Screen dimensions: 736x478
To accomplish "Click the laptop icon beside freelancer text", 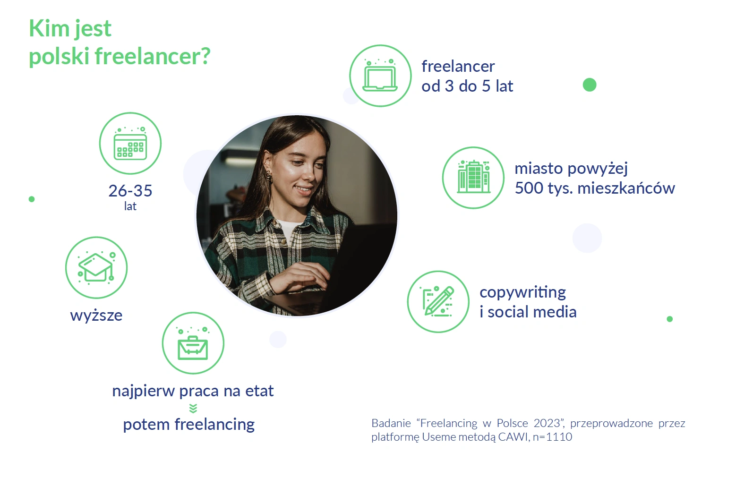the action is [x=380, y=76].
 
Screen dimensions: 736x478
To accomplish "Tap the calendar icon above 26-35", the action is [x=130, y=143].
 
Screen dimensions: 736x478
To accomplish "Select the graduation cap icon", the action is [x=96, y=267].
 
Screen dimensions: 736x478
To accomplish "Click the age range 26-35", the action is [x=130, y=190].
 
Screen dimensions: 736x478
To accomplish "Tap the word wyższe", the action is [x=96, y=316].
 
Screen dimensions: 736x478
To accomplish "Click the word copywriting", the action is [x=523, y=292].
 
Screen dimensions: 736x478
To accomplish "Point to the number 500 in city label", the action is [x=529, y=188].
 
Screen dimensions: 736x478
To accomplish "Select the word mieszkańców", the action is [x=626, y=188].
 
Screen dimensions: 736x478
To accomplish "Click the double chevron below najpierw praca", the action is [x=193, y=409].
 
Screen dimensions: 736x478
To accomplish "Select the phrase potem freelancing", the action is [x=188, y=425].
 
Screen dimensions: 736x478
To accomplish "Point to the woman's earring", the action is [x=269, y=176].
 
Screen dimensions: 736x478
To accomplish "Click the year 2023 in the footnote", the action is [x=547, y=423].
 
